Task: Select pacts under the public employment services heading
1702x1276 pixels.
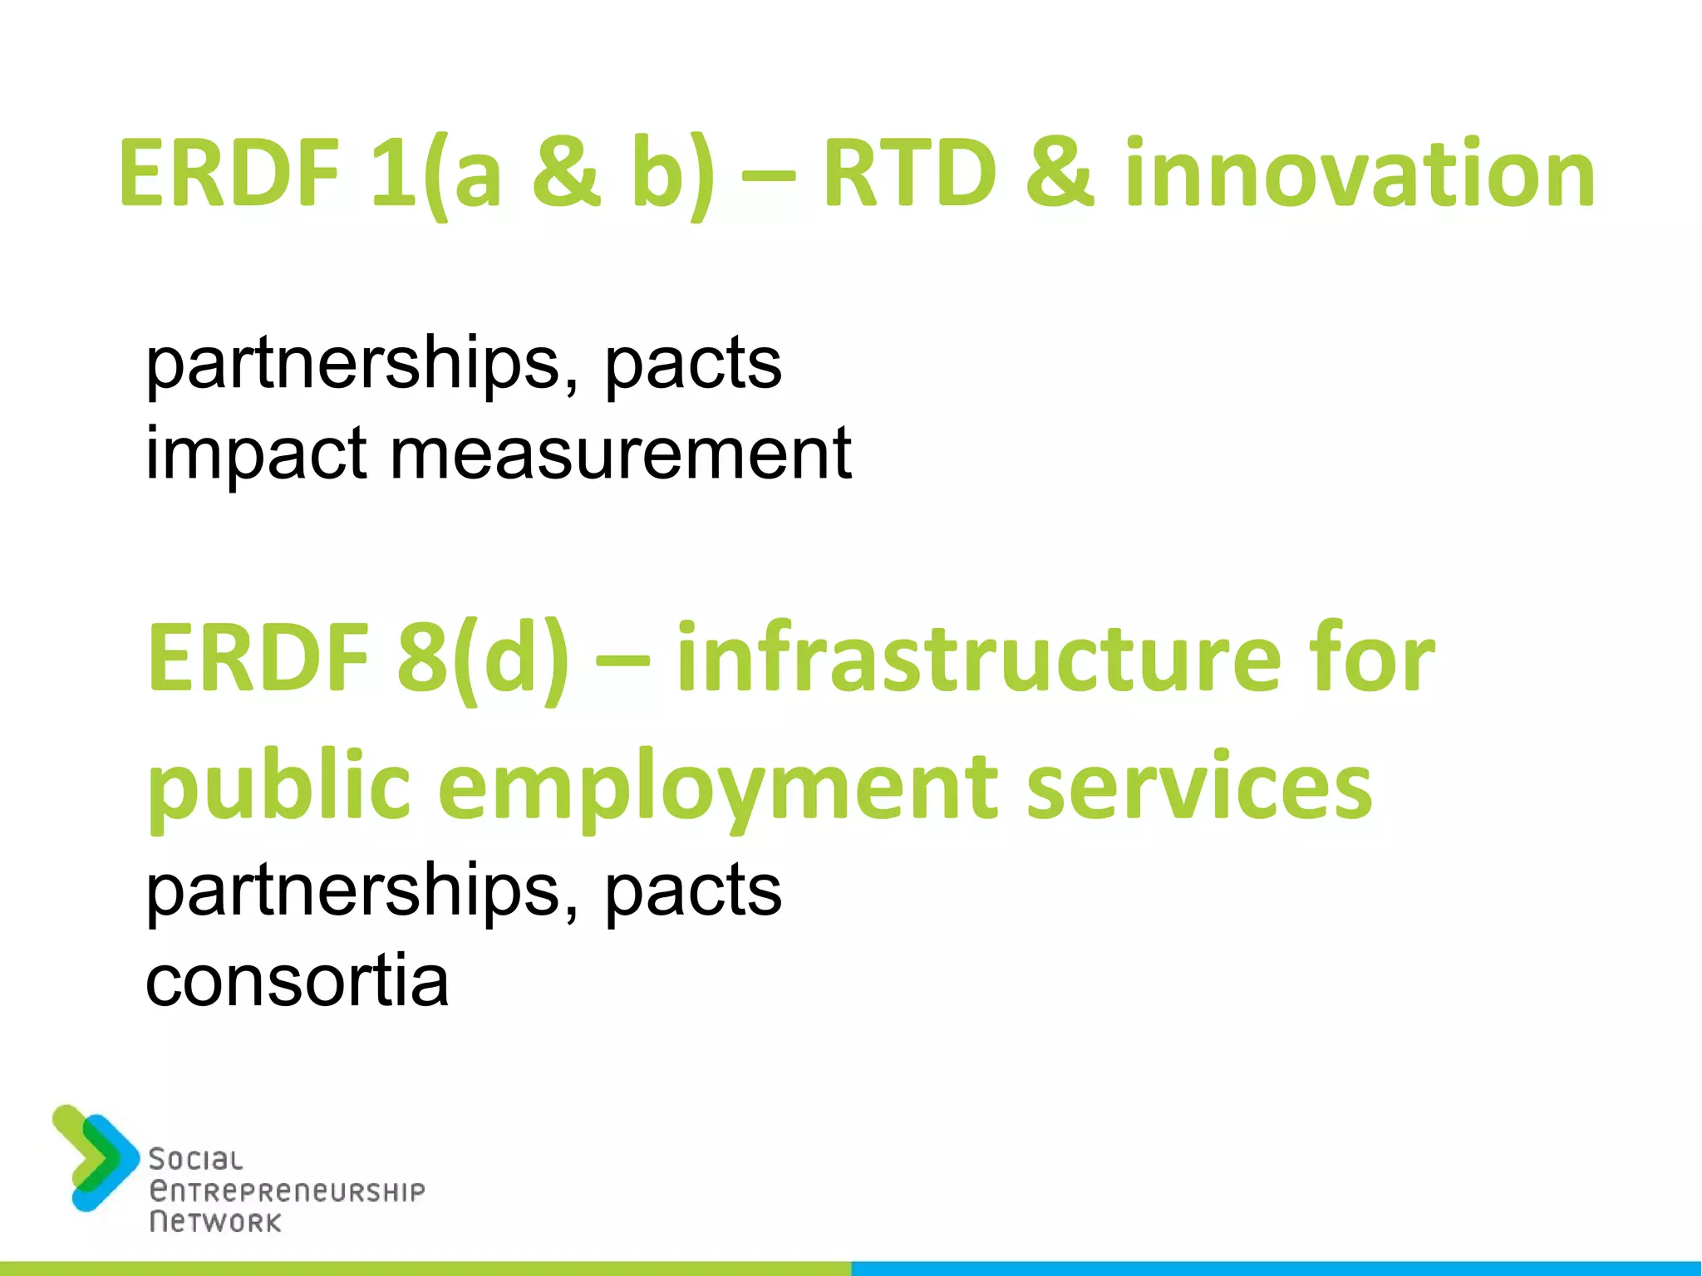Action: [693, 891]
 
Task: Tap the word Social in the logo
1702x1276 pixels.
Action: [195, 1160]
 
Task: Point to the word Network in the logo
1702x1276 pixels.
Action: [215, 1222]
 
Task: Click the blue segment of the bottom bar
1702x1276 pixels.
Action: [1276, 1269]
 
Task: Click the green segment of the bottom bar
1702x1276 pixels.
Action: [425, 1269]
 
